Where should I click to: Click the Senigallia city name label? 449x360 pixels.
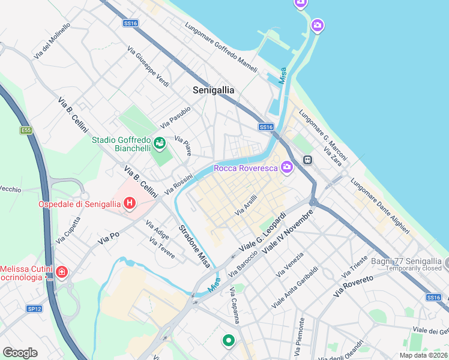tap(214, 90)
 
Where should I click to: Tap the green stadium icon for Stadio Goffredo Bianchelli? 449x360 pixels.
tap(160, 143)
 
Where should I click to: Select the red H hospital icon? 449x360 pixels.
tap(129, 204)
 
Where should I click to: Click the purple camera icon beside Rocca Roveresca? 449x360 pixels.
tap(287, 168)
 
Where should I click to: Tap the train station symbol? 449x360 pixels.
tap(307, 160)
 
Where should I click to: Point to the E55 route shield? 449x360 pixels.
tap(26, 130)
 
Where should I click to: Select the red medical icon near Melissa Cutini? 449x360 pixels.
tap(61, 273)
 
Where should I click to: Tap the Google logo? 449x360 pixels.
tap(20, 352)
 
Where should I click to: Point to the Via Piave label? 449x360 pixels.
tap(183, 146)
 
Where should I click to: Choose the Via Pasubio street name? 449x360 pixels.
tap(175, 117)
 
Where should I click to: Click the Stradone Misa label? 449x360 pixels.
tap(194, 245)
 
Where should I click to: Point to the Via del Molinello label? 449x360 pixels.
tap(52, 41)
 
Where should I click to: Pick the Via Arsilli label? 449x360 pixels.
tap(246, 205)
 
